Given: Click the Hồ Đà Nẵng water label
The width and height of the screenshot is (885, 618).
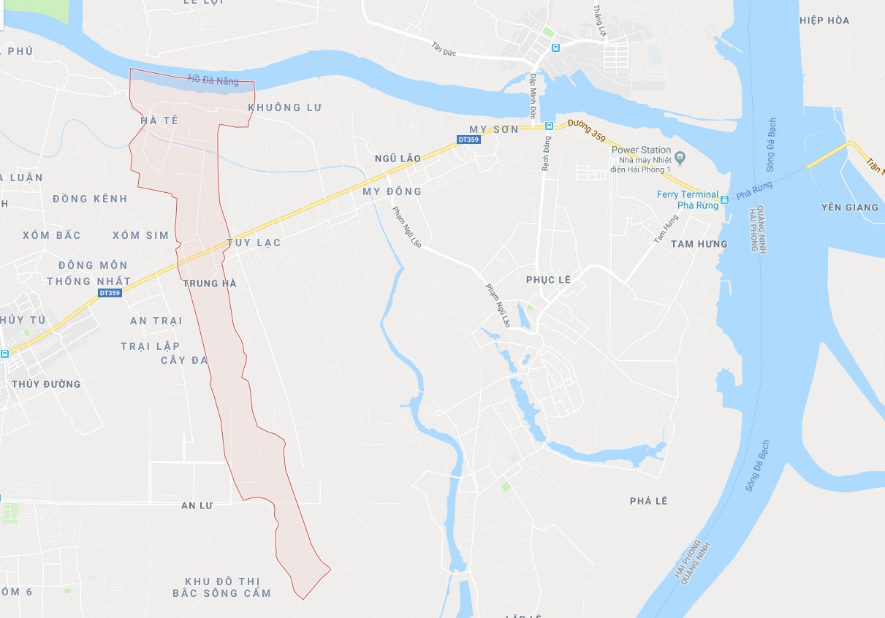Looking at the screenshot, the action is tap(213, 80).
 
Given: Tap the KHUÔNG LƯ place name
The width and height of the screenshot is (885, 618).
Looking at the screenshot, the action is tap(285, 107).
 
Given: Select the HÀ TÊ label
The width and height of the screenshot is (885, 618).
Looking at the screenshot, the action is tap(159, 120).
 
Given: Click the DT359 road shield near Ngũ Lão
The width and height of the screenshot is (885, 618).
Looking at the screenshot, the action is tap(468, 139).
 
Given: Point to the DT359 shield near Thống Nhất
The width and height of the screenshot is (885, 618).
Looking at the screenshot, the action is tap(109, 293).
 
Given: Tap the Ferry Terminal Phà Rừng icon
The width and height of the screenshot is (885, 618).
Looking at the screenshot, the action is tap(724, 199).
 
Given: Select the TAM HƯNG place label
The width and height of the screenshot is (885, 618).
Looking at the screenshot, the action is tap(699, 244).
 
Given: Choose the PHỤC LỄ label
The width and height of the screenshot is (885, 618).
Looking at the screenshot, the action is tap(548, 280).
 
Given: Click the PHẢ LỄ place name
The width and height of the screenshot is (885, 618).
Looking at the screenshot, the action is tap(649, 501).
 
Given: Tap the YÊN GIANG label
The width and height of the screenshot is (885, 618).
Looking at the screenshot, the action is tap(849, 207).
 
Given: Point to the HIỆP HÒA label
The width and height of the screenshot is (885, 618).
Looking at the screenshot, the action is tap(824, 20).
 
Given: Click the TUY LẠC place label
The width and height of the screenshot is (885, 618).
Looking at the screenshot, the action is tap(254, 243).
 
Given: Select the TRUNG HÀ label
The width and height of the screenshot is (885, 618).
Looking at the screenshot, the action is tap(210, 283).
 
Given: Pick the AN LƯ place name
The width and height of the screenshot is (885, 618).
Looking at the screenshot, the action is tap(196, 506).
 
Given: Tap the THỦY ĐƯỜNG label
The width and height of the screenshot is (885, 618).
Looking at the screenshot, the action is tap(46, 384).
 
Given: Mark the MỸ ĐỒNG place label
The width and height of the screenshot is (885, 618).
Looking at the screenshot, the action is tap(392, 191).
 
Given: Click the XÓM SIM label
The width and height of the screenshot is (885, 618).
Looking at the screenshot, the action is tap(140, 235).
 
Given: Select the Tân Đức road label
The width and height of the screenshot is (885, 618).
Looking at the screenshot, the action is tap(443, 49).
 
